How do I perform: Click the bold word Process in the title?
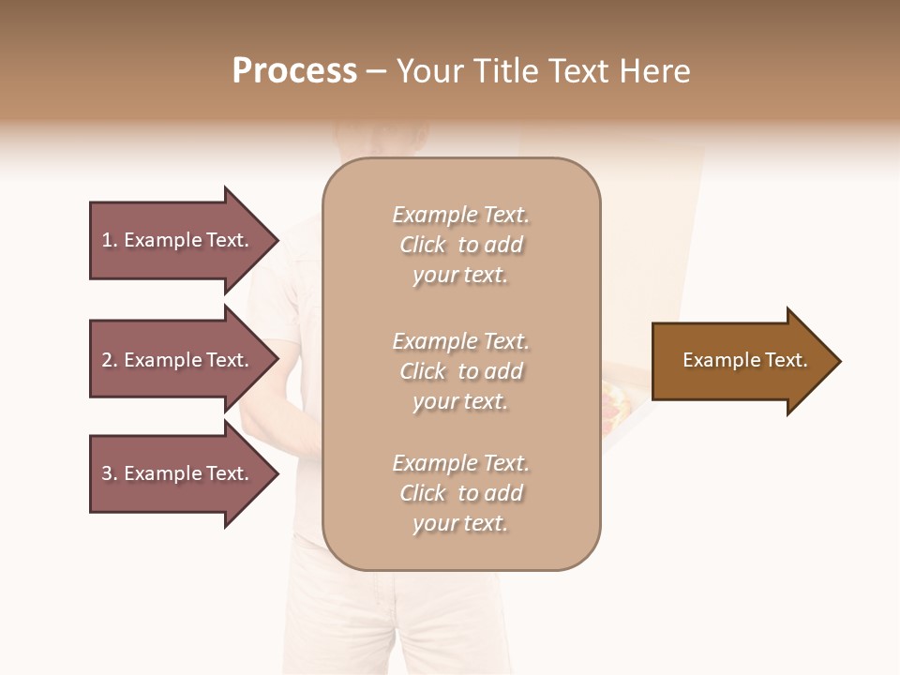click(x=294, y=71)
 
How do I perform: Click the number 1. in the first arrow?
click(x=110, y=240)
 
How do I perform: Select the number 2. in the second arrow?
click(x=110, y=360)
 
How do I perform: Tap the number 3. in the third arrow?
click(x=110, y=473)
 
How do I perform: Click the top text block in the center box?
click(x=461, y=245)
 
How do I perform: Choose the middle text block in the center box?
click(x=461, y=371)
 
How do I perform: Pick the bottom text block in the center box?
click(x=461, y=493)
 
